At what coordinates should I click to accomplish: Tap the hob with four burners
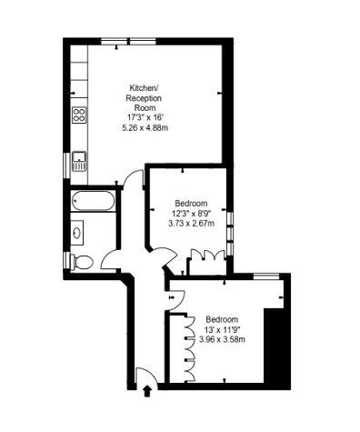coord(79,115)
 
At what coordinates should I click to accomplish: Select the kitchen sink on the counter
coord(79,161)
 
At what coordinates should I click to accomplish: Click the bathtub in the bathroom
coord(93,201)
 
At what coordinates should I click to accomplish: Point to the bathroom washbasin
coord(77,233)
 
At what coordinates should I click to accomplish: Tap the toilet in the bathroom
coord(81,262)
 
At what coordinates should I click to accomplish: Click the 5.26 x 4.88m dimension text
coord(145,128)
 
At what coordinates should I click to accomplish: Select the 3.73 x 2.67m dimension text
coord(191,224)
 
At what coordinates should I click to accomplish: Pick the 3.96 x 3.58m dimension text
coord(222,339)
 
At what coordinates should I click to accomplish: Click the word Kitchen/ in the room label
coord(144,88)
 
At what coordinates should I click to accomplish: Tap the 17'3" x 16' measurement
coord(145,117)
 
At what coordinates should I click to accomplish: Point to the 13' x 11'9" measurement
coord(222,329)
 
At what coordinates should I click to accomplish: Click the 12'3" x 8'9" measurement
coord(191,214)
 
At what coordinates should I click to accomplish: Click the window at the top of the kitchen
coord(128,42)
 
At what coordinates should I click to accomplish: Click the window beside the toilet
coord(66,260)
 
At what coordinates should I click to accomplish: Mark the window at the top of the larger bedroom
coord(266,276)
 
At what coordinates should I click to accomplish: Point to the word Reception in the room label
coord(144,98)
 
